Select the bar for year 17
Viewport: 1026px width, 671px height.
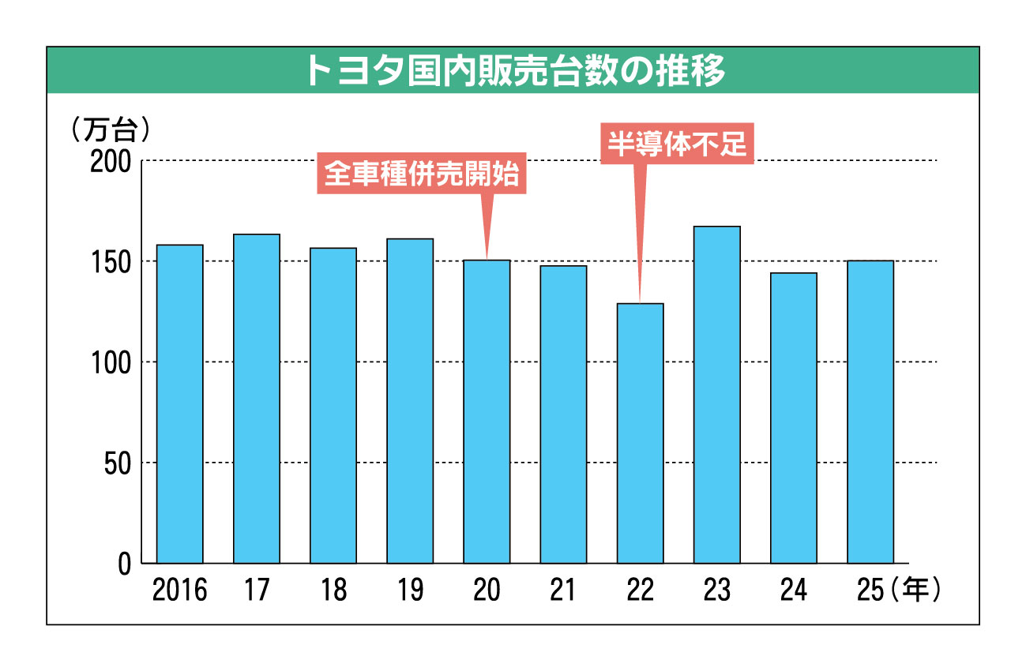click(257, 399)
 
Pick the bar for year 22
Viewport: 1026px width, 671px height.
click(640, 433)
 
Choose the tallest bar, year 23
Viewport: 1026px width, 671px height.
click(716, 395)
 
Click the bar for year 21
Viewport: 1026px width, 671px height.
click(563, 414)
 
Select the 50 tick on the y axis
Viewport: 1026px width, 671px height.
click(118, 463)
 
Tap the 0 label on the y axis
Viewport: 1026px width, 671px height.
click(126, 564)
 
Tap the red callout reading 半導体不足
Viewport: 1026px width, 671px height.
click(677, 144)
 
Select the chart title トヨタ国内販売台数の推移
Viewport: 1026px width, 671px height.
click(513, 71)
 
